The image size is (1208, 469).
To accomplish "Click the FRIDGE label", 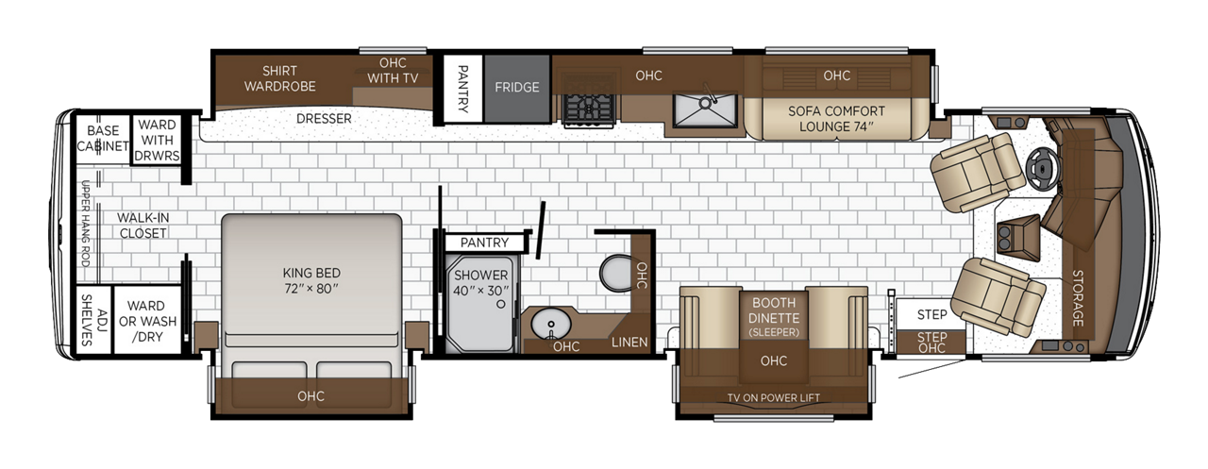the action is pyautogui.click(x=516, y=88).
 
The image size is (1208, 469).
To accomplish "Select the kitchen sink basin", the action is pyautogui.click(x=705, y=110).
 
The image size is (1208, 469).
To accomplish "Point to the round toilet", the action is pyautogui.click(x=616, y=273).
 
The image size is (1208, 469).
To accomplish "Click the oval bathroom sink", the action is pyautogui.click(x=550, y=325).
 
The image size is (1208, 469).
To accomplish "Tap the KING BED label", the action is pyautogui.click(x=311, y=274).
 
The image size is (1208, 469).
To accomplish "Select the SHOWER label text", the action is pyautogui.click(x=480, y=276).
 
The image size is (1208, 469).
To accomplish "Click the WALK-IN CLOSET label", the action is pyautogui.click(x=143, y=226).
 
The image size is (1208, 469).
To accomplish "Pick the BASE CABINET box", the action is pyautogui.click(x=103, y=139).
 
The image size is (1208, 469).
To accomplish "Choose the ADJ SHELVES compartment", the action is pyautogui.click(x=93, y=319).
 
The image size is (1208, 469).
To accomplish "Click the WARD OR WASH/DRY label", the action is pyautogui.click(x=147, y=321).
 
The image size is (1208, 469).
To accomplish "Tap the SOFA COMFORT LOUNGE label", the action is pyautogui.click(x=836, y=119).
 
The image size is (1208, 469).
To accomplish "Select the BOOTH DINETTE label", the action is pyautogui.click(x=774, y=310).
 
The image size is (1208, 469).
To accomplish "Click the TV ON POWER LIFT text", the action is pyautogui.click(x=773, y=398).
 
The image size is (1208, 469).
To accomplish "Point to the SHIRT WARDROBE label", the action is pyautogui.click(x=279, y=78).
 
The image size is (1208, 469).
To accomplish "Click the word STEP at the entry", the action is pyautogui.click(x=931, y=314).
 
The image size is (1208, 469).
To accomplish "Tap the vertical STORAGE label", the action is pyautogui.click(x=1078, y=298).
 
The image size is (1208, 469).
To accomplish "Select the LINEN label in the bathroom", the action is pyautogui.click(x=629, y=343).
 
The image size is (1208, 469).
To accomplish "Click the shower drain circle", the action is pyautogui.click(x=501, y=304).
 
